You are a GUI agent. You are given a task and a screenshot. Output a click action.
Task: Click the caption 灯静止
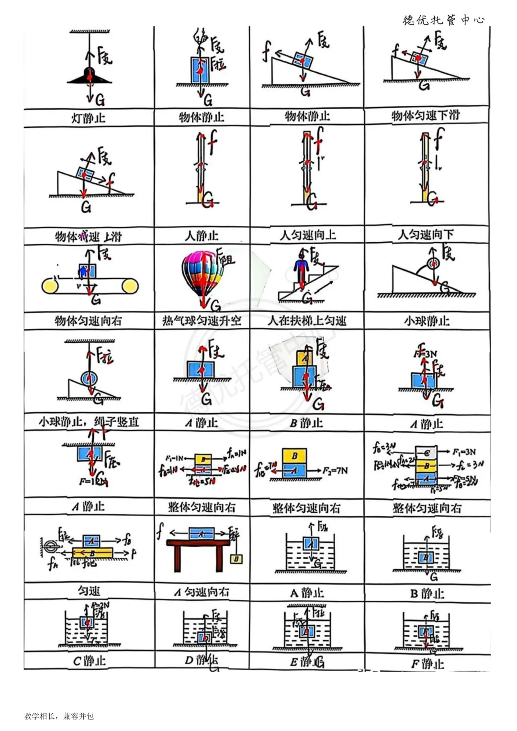[x=89, y=118]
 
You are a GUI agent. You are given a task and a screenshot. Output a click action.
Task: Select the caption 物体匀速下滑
[x=426, y=115]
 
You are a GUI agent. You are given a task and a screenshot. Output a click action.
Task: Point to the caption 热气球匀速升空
[x=202, y=320]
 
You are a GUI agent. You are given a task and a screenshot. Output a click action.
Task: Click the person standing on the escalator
[x=302, y=270]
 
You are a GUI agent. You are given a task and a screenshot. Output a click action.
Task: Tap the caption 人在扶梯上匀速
[x=307, y=320]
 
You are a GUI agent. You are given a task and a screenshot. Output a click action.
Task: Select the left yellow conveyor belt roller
[x=50, y=286]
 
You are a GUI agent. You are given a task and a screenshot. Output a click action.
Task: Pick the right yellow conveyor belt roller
[x=130, y=286]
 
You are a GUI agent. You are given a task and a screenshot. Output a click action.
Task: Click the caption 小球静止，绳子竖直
[x=89, y=422]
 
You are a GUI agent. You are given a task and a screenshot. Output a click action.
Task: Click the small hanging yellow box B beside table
[x=236, y=559]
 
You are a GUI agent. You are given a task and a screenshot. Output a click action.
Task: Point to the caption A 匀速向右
[x=202, y=593]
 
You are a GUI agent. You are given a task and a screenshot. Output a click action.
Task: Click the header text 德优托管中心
[x=443, y=20]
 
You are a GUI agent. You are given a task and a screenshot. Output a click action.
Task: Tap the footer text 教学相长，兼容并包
[x=59, y=716]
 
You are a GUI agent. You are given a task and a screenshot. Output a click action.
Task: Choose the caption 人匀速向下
[x=426, y=235]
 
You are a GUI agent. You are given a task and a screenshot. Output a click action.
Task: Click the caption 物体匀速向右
[x=89, y=320]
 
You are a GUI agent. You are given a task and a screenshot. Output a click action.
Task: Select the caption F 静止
[x=427, y=664]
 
